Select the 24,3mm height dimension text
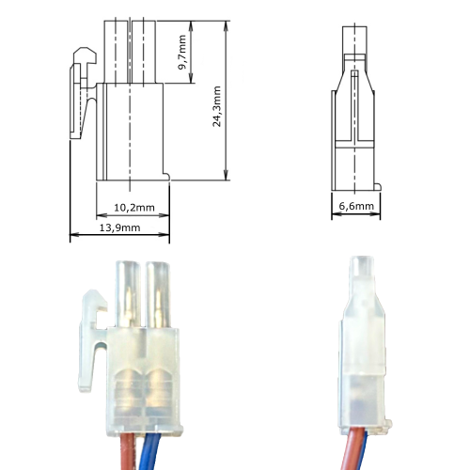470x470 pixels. [x=217, y=106]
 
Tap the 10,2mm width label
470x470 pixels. [x=133, y=207]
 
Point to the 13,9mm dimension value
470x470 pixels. [x=119, y=228]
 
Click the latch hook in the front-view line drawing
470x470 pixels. [x=83, y=56]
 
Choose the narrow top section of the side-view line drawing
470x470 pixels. [x=355, y=47]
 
